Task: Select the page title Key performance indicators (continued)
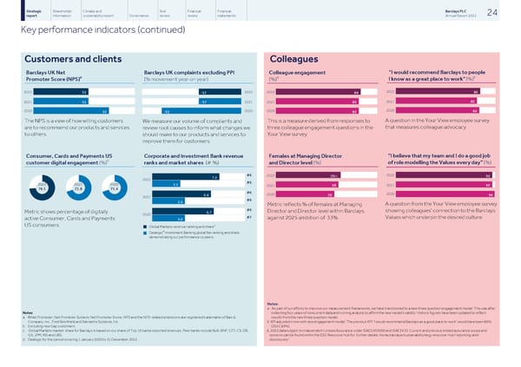tap(79, 29)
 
